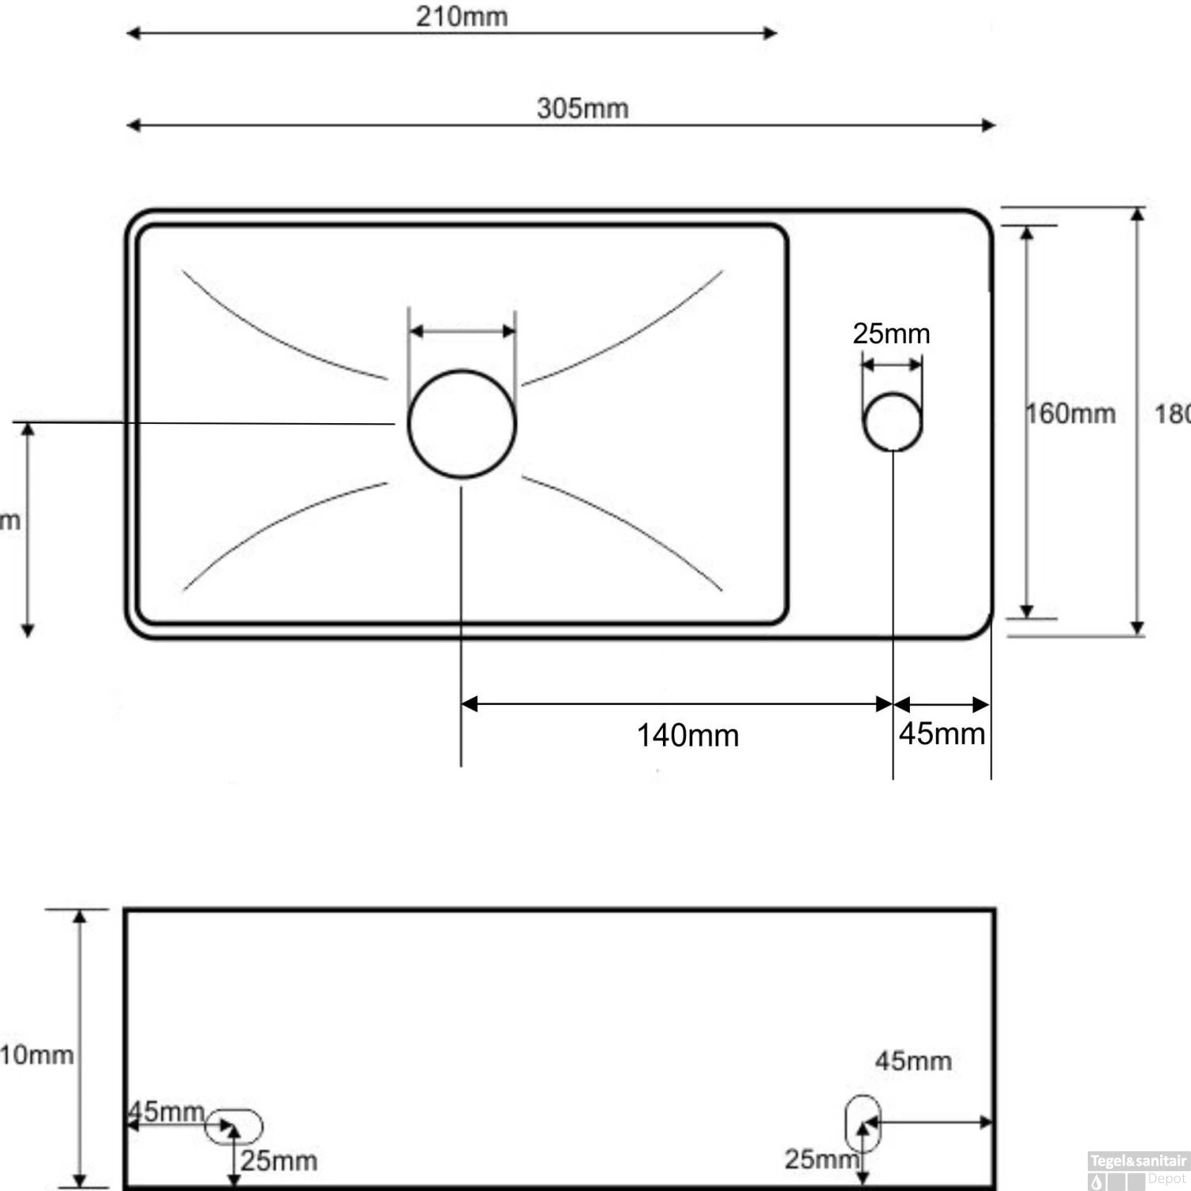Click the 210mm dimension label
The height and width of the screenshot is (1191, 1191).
point(461,17)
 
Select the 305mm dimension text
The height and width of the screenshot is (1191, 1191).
point(582,108)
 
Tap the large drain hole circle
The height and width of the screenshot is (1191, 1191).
point(462,424)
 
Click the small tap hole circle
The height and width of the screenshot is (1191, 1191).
point(892,422)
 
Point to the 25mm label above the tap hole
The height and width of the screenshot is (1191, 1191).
point(891,333)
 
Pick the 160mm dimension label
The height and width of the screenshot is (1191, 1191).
point(1070,414)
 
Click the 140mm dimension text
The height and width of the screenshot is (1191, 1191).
point(688,735)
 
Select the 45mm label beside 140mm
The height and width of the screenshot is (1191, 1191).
point(942,734)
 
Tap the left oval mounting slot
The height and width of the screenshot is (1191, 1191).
point(233,1126)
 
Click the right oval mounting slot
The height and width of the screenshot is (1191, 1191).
point(862,1124)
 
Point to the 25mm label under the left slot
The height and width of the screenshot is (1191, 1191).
point(279,1161)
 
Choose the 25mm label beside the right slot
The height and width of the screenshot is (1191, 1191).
point(821,1159)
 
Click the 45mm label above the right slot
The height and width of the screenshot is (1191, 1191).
point(913,1061)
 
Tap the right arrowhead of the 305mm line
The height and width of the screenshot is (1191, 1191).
point(989,125)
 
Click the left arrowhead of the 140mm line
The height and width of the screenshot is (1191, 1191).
point(468,704)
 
